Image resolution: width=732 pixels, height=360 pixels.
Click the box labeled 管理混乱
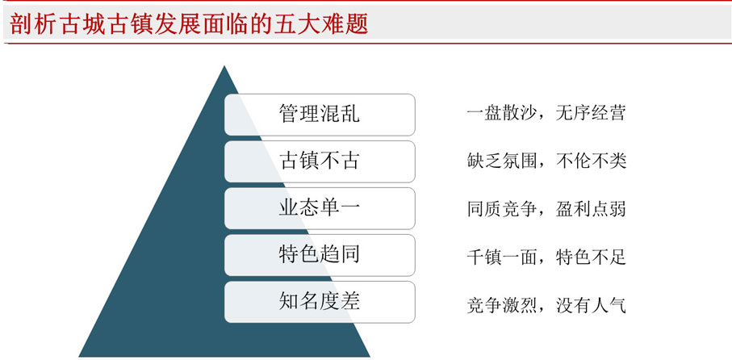click(320, 115)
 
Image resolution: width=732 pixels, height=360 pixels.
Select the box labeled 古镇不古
click(320, 161)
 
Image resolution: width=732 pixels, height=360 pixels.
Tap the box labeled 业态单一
click(320, 208)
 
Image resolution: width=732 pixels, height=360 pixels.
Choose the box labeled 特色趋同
click(320, 255)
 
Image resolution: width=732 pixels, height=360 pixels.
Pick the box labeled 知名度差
click(320, 302)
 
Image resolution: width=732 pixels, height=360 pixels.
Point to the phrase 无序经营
click(591, 114)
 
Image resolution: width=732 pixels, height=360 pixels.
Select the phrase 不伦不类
click(591, 161)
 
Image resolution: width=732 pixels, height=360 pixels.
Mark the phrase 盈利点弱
click(591, 209)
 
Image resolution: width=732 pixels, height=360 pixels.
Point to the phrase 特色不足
click(591, 257)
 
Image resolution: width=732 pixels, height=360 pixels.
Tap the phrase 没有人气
click(591, 305)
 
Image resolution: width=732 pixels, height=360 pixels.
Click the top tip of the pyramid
click(224, 66)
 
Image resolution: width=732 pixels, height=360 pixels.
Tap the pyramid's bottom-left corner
click(79, 356)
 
